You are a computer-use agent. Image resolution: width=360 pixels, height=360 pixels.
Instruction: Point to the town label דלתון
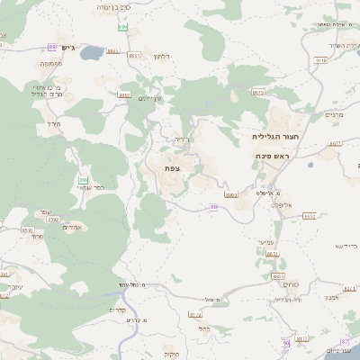pos(163,57)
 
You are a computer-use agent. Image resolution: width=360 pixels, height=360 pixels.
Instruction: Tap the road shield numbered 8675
pos(258,92)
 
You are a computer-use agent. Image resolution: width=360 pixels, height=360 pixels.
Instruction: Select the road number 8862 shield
pos(124,94)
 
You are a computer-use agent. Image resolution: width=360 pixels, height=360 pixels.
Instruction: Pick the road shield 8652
pos(310,216)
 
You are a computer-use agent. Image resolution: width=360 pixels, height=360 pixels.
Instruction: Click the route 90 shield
pos(286,343)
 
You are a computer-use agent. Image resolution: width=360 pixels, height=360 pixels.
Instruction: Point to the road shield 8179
pos(195,314)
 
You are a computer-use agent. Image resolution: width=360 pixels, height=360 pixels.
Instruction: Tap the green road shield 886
pos(122,28)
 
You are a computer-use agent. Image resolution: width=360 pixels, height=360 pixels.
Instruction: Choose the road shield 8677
pos(336,142)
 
